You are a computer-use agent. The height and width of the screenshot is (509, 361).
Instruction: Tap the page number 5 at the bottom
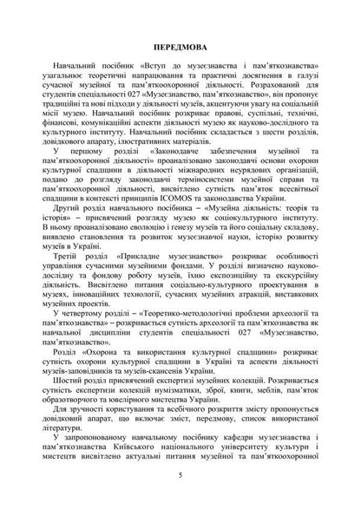[x=180, y=475]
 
